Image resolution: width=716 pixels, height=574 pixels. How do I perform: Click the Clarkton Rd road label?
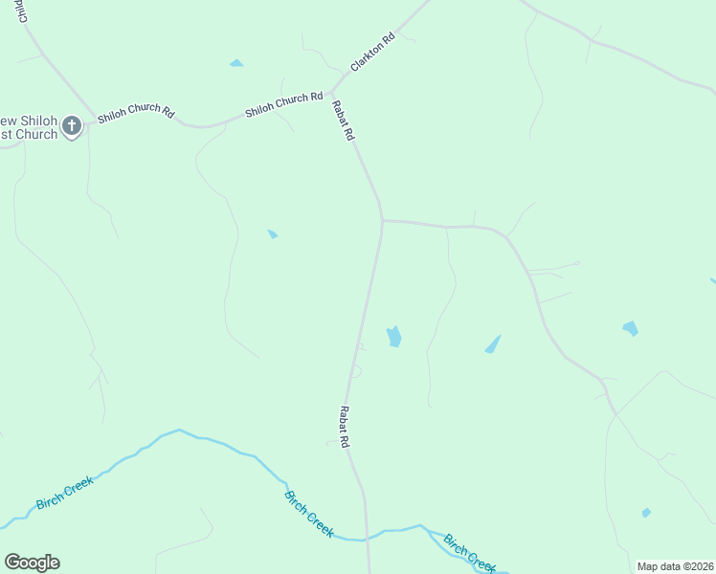(372, 53)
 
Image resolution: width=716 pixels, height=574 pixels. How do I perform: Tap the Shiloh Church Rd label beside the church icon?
(136, 116)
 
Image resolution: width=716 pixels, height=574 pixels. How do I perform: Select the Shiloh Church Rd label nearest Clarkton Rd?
(283, 104)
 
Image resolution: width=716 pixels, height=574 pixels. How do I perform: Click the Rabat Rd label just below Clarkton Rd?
(343, 121)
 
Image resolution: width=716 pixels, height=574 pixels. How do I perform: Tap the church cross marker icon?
(72, 126)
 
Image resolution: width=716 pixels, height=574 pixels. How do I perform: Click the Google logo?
(32, 563)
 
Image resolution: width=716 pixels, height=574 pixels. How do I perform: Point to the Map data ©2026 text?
(675, 565)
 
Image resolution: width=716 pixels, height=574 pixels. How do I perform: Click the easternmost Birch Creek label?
(469, 553)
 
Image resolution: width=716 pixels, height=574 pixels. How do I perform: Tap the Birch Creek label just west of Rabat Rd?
(308, 514)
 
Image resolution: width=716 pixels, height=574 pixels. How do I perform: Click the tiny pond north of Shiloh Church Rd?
(235, 63)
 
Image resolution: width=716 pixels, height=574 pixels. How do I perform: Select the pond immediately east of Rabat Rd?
(393, 337)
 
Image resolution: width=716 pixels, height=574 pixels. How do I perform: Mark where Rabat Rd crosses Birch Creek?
(366, 539)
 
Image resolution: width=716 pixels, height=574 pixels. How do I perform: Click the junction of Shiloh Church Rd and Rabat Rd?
(329, 94)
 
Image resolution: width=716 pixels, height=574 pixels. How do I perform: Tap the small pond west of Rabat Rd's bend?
(273, 233)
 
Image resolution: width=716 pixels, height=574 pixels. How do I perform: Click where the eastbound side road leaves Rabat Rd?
(383, 221)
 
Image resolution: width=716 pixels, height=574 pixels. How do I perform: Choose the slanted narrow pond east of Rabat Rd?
(493, 344)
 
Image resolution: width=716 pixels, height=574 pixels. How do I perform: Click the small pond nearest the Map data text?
(646, 513)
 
